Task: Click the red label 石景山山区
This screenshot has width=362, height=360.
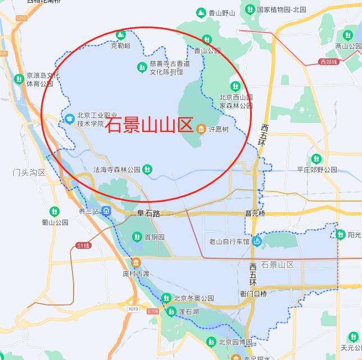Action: point(150,124)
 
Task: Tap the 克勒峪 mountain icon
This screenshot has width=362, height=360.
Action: point(120,35)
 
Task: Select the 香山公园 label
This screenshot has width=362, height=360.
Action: point(207,51)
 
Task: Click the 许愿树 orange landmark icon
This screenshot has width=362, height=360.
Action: point(201,130)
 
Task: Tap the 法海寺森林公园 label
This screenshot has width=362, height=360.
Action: point(116,168)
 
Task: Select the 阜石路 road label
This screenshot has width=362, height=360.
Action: point(149,213)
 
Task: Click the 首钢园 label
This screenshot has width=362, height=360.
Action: point(154,237)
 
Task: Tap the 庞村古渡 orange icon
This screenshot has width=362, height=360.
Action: point(135,263)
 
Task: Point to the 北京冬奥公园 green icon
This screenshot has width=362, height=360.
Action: point(166,298)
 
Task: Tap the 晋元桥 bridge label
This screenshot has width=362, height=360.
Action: point(255,213)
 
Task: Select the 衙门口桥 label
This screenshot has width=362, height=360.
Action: point(253,293)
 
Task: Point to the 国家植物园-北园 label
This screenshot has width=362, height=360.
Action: point(281,10)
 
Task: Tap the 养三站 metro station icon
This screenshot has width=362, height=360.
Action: point(107,211)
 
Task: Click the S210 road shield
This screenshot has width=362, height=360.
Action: point(21,19)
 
